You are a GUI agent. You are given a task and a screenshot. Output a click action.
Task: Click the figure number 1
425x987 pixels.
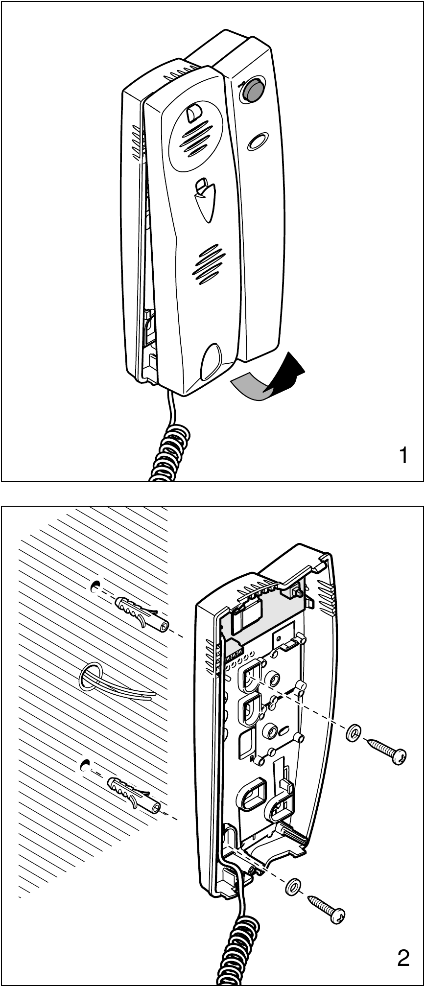tap(403, 456)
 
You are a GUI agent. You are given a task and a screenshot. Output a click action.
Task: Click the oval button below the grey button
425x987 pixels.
tap(258, 141)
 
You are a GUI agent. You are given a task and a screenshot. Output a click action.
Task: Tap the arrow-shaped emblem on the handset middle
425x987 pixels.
tap(204, 201)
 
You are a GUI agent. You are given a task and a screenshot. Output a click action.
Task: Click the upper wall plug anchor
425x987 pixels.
tap(142, 614)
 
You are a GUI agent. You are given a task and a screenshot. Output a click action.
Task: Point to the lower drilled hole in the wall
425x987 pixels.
tap(87, 764)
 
